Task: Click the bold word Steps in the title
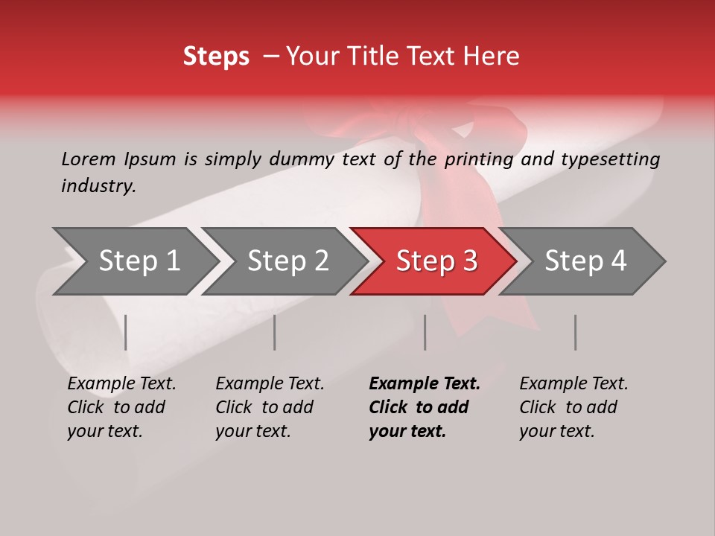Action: coord(216,57)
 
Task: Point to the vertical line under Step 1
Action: coord(126,332)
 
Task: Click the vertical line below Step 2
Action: coord(275,332)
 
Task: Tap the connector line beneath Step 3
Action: coord(425,332)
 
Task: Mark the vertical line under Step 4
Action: coord(575,332)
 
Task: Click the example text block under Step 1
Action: coord(121,407)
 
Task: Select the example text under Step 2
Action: coord(270,407)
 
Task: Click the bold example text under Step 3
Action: coord(424,407)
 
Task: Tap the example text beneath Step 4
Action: coord(573,407)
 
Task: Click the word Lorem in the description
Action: coord(88,159)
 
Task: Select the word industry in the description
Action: coord(98,186)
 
